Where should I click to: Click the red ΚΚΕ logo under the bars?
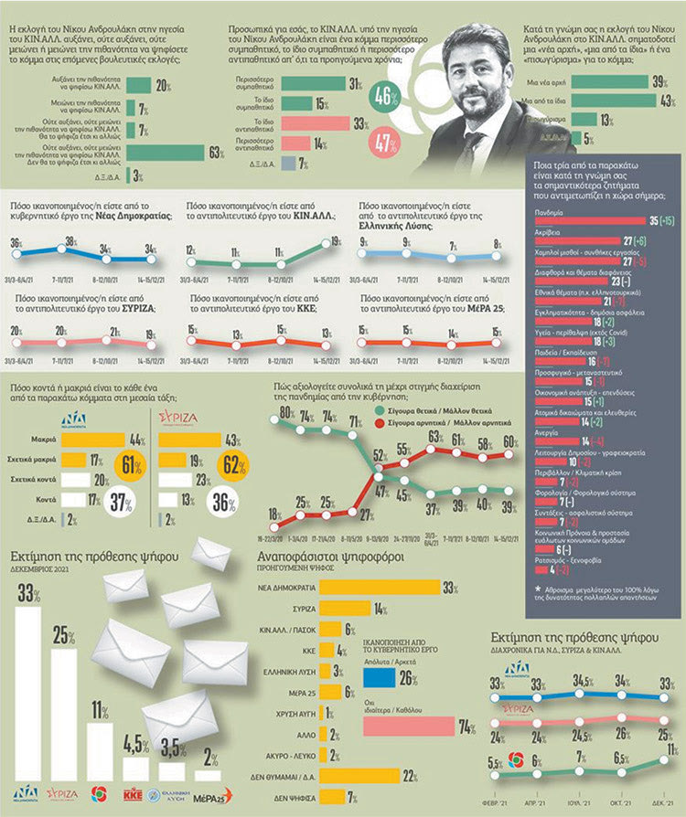pyautogui.click(x=134, y=791)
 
